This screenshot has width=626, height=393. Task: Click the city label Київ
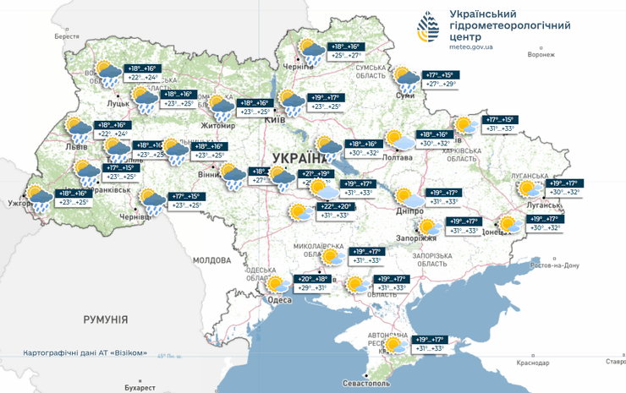[275, 121]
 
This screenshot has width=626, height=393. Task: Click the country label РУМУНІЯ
[105, 319]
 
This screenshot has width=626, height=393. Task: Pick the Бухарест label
[140, 387]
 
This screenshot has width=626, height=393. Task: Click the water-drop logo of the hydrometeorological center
[428, 28]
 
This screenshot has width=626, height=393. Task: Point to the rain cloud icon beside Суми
[408, 79]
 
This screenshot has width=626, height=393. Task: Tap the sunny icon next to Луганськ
[529, 188]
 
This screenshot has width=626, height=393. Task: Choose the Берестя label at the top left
[66, 37]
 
